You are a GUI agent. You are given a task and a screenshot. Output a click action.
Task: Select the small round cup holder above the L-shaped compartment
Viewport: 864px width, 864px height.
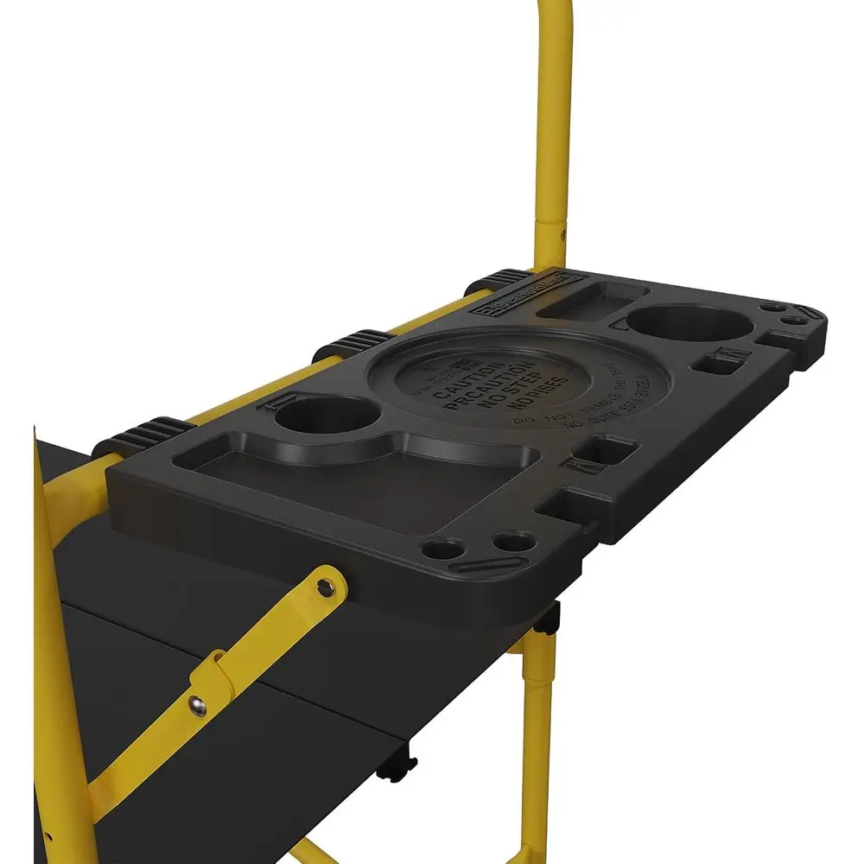tap(322, 416)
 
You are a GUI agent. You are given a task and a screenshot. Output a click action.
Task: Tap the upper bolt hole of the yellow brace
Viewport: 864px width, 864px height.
tap(324, 588)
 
